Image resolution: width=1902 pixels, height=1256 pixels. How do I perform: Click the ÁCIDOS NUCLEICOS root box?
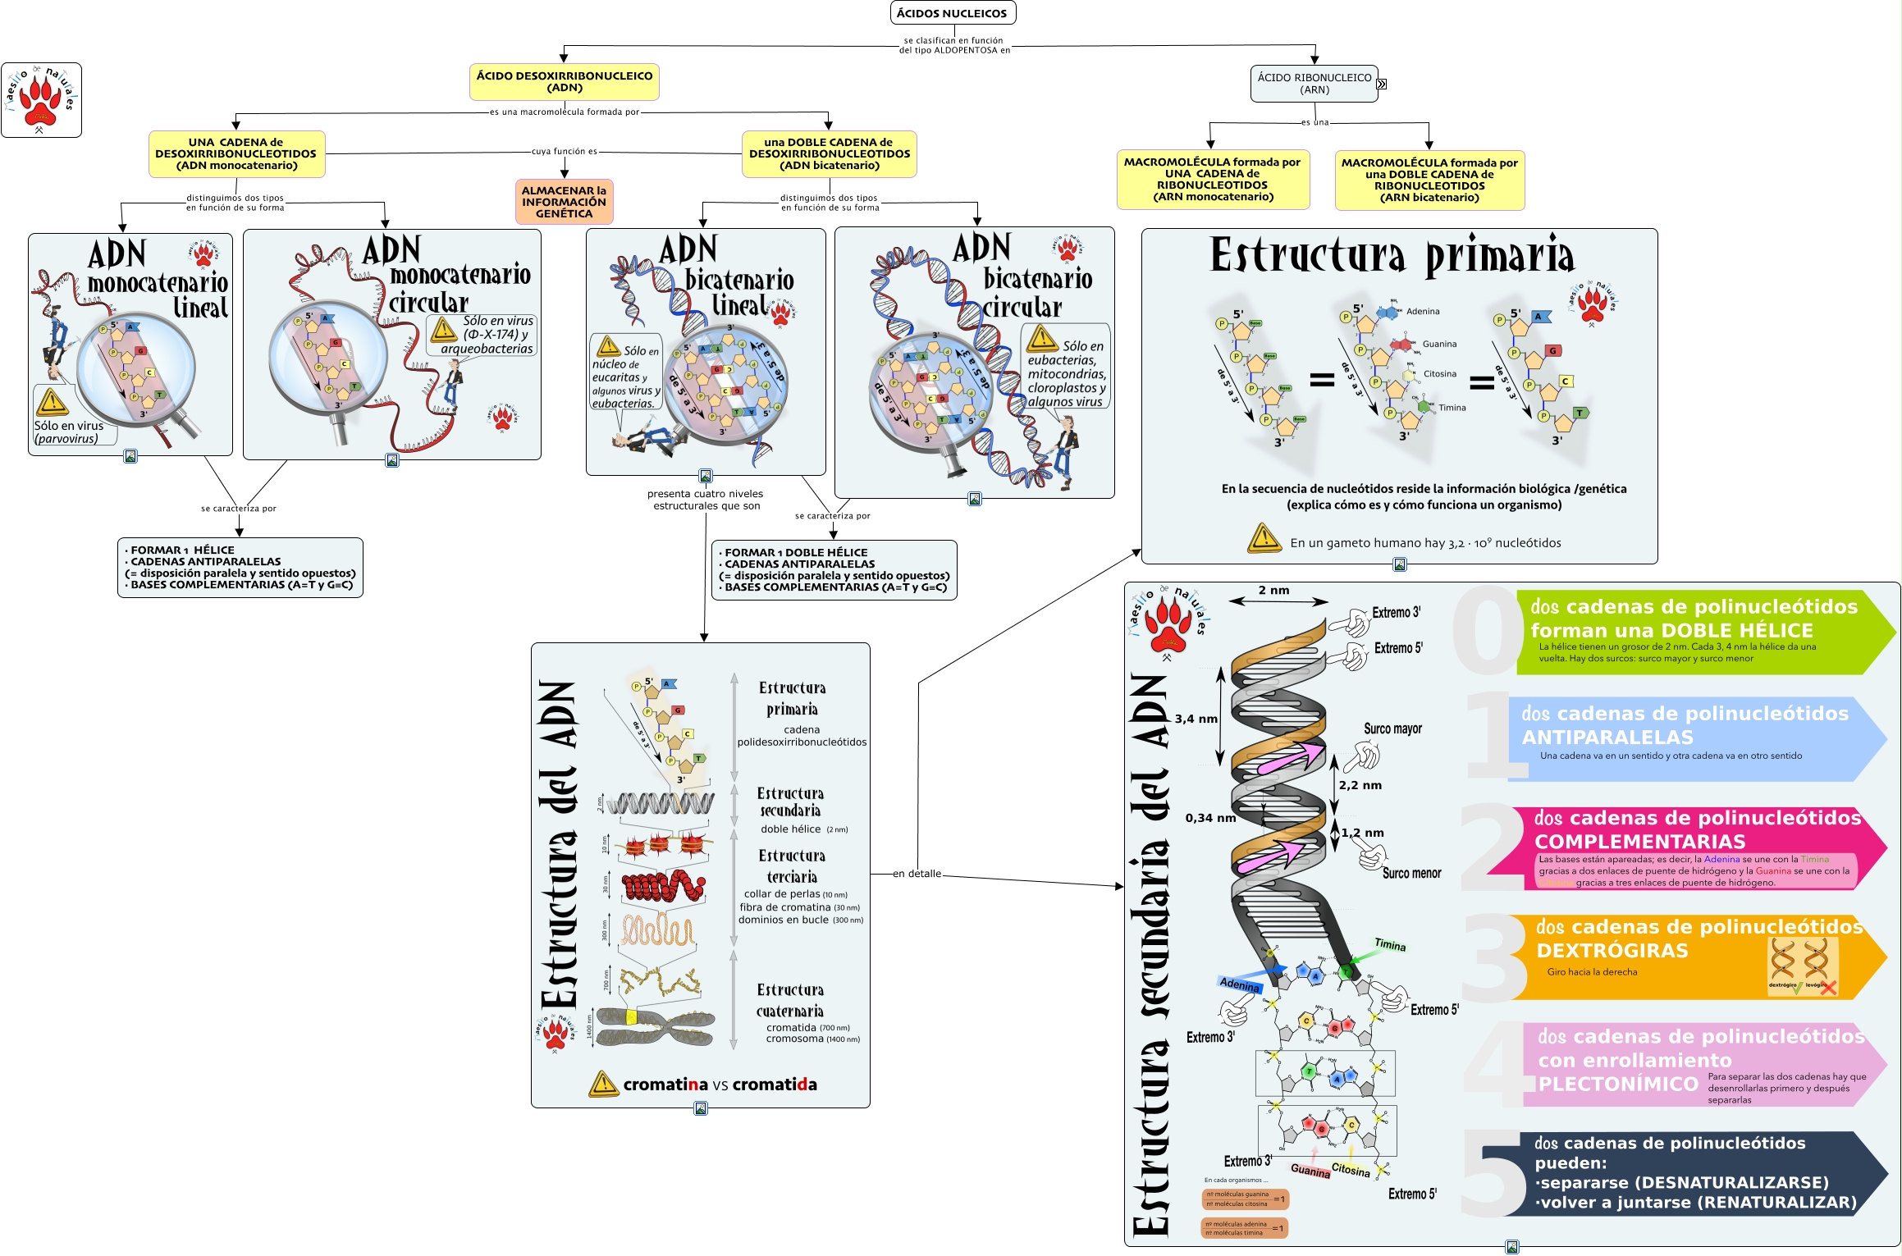point(952,13)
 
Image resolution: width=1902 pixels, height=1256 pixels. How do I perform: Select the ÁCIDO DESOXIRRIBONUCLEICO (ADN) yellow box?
point(565,81)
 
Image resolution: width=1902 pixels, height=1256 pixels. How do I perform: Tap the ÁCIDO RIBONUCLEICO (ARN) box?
point(1314,84)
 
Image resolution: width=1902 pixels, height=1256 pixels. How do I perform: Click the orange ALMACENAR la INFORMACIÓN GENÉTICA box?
point(564,202)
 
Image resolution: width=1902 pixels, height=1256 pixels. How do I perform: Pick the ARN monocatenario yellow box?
point(1213,179)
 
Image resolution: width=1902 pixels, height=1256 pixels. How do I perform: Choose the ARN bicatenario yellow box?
point(1429,180)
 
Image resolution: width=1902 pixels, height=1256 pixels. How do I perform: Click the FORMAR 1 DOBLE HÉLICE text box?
point(834,570)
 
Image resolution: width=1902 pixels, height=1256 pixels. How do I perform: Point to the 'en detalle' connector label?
point(917,874)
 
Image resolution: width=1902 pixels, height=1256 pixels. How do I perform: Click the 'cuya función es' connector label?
point(565,151)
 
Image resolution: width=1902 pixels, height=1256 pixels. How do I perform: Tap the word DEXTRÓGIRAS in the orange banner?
point(1612,951)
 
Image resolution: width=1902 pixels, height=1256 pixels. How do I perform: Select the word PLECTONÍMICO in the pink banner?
point(1618,1084)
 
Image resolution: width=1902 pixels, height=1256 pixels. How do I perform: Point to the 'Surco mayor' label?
point(1392,728)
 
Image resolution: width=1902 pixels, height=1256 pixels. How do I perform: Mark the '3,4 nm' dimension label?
point(1196,719)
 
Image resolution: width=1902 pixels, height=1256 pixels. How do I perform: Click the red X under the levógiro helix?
point(1827,988)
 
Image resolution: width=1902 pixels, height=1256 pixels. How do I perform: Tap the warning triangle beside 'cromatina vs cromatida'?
point(603,1084)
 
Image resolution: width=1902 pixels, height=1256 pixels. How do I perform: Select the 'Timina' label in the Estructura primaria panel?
point(1452,408)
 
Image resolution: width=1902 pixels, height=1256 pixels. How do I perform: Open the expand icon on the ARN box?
point(1382,84)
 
